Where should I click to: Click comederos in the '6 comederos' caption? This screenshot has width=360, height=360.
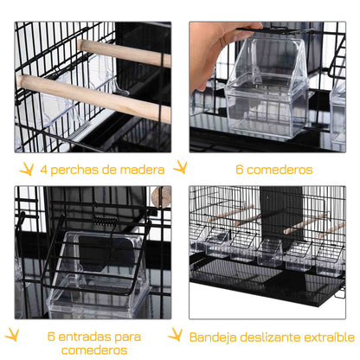tap(276, 170)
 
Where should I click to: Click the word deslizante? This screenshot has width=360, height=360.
tap(274, 335)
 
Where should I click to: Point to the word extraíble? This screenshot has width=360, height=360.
tap(330, 335)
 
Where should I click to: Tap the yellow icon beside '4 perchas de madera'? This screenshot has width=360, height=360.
tap(28, 168)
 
